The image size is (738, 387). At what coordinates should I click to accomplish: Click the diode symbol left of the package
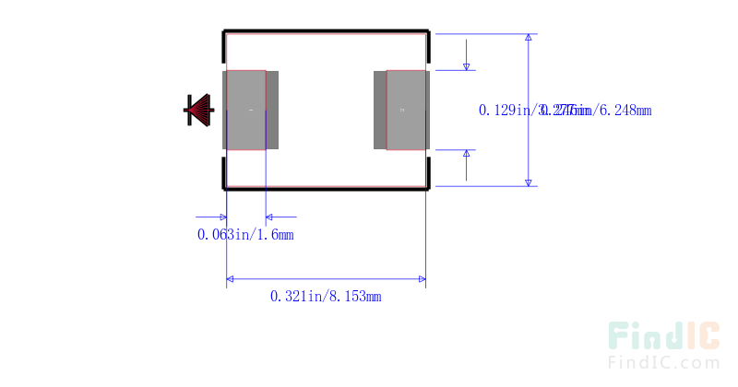(x=198, y=110)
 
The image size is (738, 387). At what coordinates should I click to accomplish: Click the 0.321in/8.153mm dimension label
(x=326, y=296)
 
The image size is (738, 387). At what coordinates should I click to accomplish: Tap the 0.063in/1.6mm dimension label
(x=245, y=234)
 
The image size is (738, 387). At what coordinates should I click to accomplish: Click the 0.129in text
(x=502, y=110)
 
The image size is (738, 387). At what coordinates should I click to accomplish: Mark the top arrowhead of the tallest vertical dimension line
(x=529, y=40)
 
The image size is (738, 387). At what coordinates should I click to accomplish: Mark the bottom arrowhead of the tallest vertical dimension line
(x=529, y=181)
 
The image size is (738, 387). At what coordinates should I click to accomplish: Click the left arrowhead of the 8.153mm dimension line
(x=232, y=278)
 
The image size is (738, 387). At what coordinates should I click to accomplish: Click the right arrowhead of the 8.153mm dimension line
(x=421, y=278)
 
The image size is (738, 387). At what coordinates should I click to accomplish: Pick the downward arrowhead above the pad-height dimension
(x=467, y=64)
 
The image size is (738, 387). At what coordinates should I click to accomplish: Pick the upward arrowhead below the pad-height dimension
(x=467, y=154)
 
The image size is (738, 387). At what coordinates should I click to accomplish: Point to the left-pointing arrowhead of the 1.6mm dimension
(x=271, y=218)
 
